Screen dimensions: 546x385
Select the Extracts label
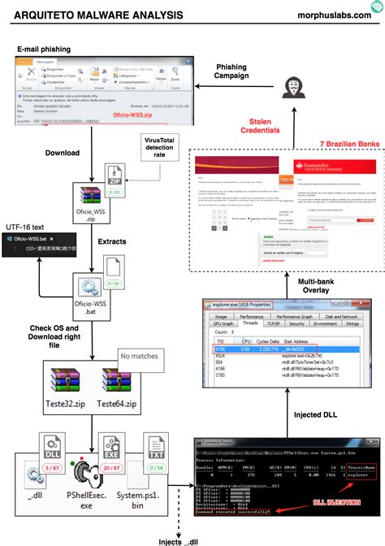111,243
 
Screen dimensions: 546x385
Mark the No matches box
140,355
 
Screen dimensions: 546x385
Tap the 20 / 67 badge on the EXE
110,468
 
